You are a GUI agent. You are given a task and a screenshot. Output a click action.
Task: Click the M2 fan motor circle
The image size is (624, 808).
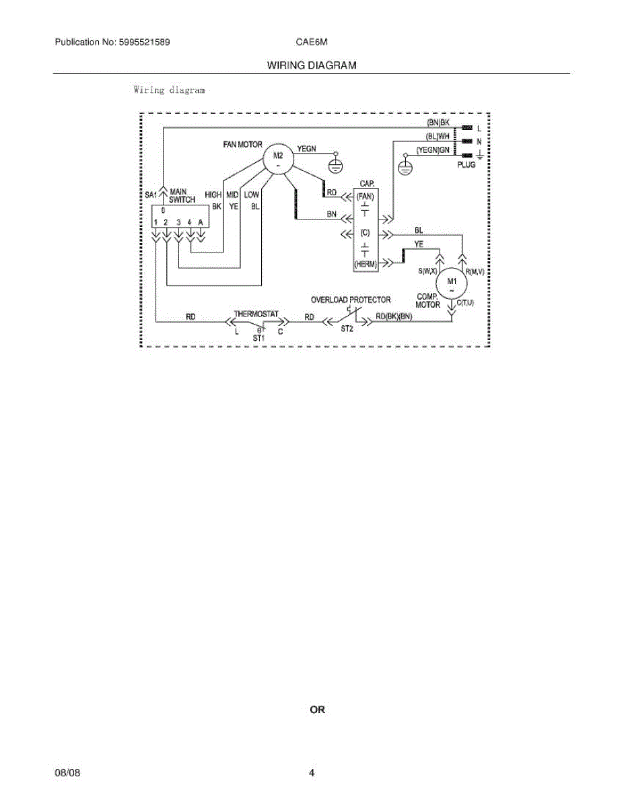(x=278, y=160)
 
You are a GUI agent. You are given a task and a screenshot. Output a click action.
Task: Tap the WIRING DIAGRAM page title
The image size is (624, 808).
(x=312, y=65)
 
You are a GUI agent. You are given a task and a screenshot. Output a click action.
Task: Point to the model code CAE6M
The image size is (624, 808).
(x=312, y=42)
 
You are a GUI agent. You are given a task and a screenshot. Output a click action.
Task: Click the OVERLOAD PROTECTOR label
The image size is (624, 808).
(x=350, y=300)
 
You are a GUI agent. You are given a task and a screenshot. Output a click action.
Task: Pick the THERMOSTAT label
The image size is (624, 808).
(x=256, y=314)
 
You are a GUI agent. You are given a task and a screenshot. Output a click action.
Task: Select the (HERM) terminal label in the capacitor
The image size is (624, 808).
(x=365, y=265)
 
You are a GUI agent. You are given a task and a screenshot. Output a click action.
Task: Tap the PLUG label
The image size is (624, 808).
(x=466, y=165)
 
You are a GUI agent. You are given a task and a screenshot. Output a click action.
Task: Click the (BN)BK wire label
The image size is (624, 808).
(x=442, y=123)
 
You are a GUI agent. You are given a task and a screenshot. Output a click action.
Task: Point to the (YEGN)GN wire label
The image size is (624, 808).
(x=432, y=150)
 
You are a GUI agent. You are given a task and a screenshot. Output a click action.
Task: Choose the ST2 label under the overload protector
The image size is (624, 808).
(x=347, y=329)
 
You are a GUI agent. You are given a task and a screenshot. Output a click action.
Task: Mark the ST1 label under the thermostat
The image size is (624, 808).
(x=259, y=337)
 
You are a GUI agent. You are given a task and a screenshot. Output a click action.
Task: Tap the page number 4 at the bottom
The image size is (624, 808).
(x=312, y=773)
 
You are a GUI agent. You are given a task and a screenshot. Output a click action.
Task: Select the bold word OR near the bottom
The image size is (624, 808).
(x=317, y=710)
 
